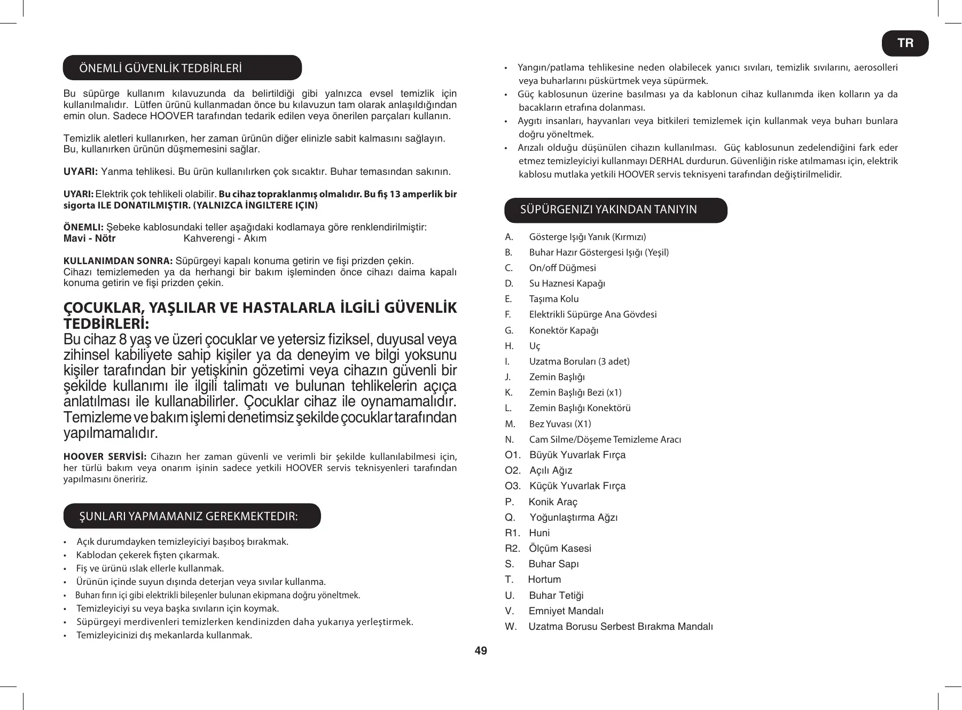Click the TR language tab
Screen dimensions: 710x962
905,43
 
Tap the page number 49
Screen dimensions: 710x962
481,651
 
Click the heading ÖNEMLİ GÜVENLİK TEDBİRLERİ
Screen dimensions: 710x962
160,68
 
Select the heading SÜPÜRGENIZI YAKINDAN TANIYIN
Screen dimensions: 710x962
608,210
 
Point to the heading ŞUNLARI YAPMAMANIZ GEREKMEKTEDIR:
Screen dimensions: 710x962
189,516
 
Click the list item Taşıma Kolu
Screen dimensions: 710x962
554,299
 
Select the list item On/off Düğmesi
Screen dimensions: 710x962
562,268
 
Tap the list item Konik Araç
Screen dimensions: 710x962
553,502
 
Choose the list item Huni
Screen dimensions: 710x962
539,533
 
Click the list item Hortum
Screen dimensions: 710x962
544,580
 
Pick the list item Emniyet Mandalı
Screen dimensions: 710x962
566,611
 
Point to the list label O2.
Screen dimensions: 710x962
512,470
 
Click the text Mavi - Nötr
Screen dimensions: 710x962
90,238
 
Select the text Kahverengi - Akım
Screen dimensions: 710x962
225,238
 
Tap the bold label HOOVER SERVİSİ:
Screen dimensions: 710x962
105,457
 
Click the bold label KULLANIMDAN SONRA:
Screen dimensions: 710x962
118,261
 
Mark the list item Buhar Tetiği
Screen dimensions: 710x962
556,596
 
